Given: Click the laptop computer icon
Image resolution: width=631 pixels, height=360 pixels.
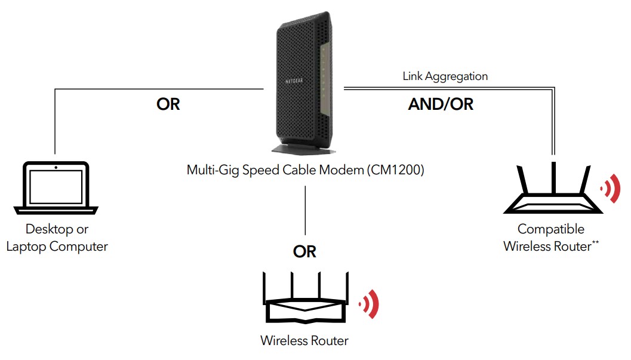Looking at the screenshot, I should (56, 188).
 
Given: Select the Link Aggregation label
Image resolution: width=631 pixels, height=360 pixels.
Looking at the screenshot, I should (445, 76).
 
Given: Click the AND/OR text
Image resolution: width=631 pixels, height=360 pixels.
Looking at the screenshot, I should (441, 104).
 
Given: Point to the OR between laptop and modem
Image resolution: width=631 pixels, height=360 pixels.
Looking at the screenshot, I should (168, 104).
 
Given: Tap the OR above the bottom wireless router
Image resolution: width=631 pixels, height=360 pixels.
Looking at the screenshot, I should (304, 252).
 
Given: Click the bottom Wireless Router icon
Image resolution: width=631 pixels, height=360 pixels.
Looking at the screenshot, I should (304, 301).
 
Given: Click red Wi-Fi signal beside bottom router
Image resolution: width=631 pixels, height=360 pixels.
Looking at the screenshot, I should (370, 304).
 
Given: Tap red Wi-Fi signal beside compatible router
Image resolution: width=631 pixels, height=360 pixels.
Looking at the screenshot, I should (609, 190).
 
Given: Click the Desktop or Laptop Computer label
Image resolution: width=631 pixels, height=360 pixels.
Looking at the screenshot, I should (57, 238).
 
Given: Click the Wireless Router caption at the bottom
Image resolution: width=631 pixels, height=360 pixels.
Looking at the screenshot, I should (304, 341).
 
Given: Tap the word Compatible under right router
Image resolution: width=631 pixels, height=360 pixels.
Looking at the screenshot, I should (550, 229).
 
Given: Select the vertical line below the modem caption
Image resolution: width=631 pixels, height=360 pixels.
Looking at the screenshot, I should (305, 209).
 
